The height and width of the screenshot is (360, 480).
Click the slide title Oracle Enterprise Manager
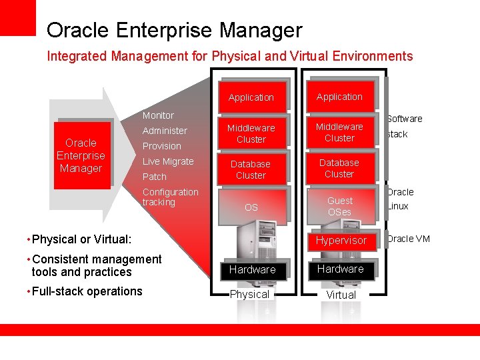(x=174, y=30)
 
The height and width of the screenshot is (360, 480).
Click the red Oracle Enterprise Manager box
(x=81, y=155)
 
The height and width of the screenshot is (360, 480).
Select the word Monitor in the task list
(x=158, y=115)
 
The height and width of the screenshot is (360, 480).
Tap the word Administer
(x=165, y=131)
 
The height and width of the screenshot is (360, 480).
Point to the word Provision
(x=161, y=146)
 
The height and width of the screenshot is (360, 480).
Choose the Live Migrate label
(x=168, y=161)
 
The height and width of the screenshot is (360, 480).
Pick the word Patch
(x=155, y=177)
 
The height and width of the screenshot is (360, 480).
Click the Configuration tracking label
(x=170, y=197)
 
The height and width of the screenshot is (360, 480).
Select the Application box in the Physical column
(x=251, y=97)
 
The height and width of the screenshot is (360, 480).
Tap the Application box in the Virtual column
(x=339, y=97)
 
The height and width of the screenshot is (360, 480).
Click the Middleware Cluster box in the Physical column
(x=251, y=133)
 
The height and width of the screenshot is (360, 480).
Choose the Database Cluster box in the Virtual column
(x=339, y=168)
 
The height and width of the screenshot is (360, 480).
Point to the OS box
(x=251, y=207)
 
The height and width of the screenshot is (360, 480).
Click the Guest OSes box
(x=339, y=206)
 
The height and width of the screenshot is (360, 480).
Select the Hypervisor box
(x=341, y=241)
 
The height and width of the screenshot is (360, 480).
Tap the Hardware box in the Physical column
(x=252, y=269)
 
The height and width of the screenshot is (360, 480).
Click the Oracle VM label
(x=409, y=239)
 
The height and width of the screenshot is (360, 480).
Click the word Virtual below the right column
(x=341, y=295)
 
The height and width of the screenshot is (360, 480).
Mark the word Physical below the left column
(x=249, y=294)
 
